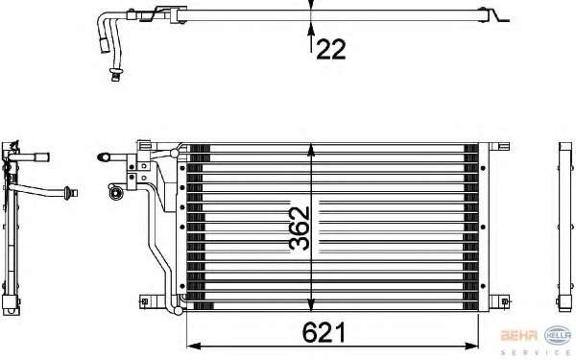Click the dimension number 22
tap(330, 49)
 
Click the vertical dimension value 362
tap(300, 228)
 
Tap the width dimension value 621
tap(324, 332)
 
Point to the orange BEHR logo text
tap(519, 335)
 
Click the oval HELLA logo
tap(558, 335)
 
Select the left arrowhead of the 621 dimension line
tap(194, 346)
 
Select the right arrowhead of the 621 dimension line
tap(471, 346)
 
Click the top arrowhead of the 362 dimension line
tap(311, 151)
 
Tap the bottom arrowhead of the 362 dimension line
tap(311, 304)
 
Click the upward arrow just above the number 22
tap(311, 36)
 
